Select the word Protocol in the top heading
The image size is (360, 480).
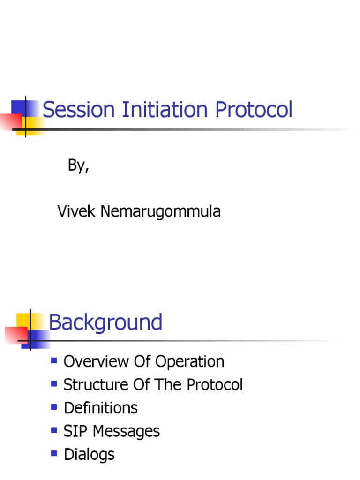point(254,110)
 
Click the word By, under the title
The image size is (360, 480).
point(79,166)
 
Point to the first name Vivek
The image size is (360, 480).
point(73,211)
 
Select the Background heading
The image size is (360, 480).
point(105,322)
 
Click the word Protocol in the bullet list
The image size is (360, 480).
point(215,385)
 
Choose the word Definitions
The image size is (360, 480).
point(100,408)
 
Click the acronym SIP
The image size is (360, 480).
point(75,431)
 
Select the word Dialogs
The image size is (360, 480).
point(89,454)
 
